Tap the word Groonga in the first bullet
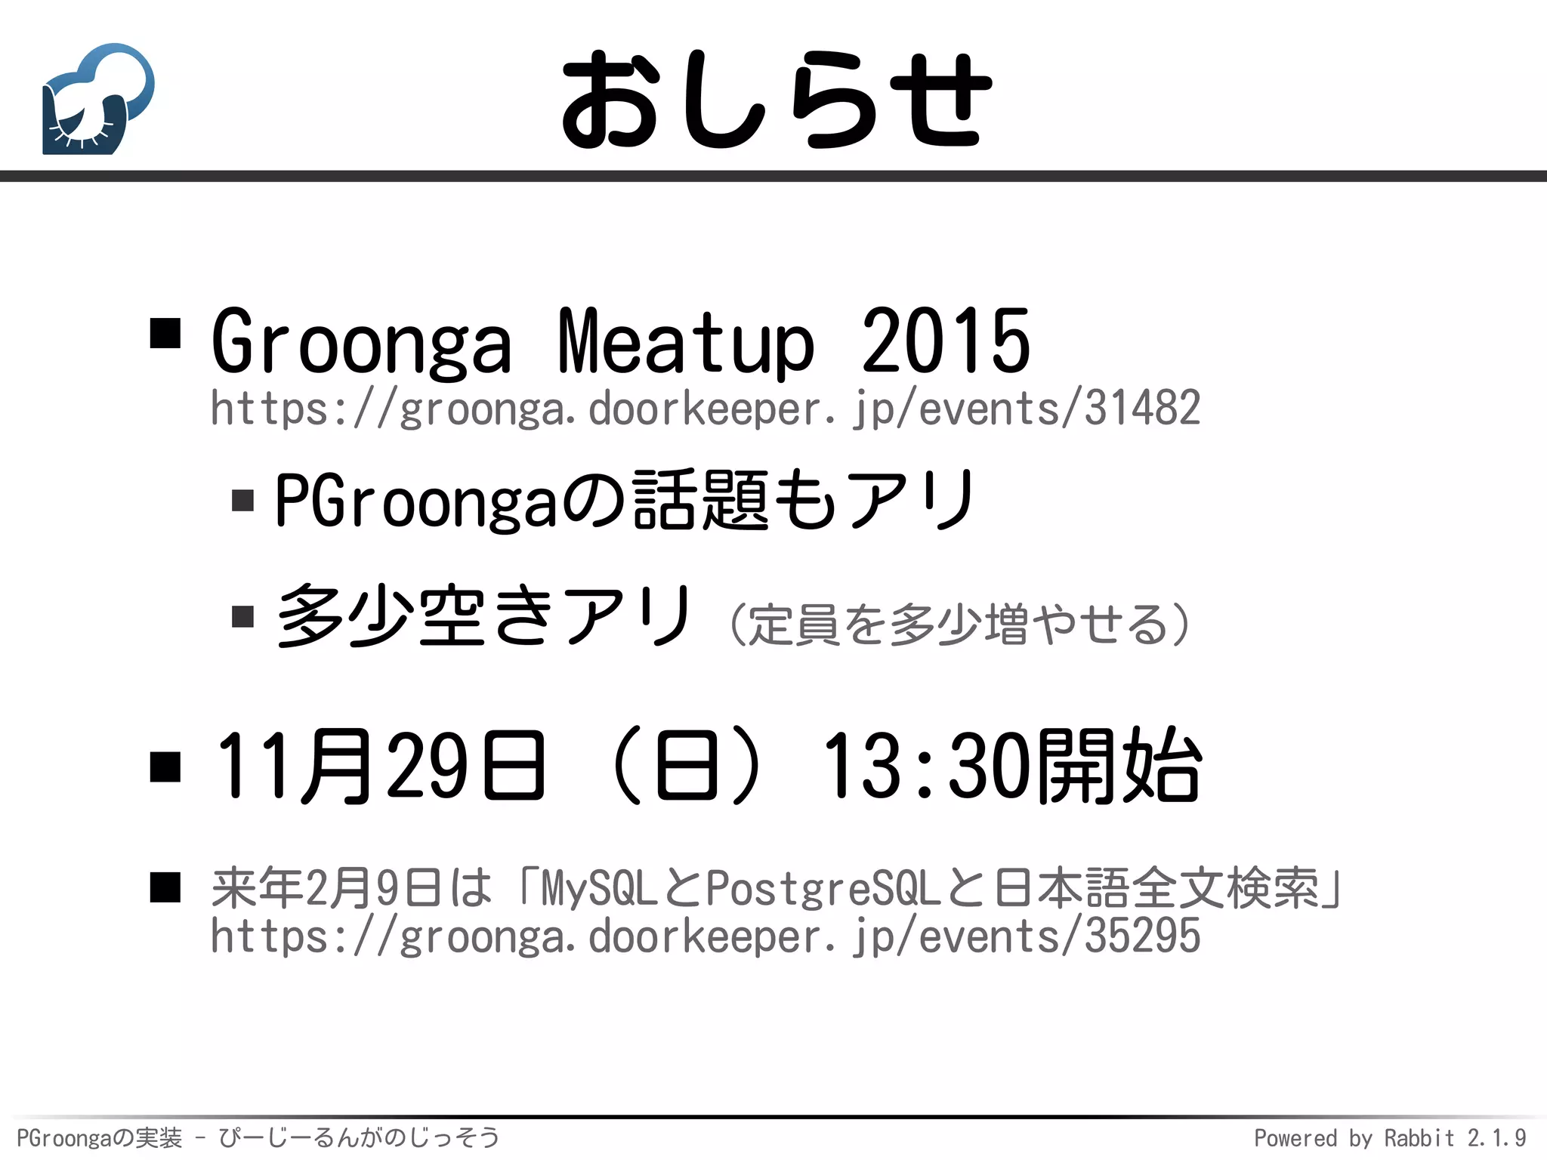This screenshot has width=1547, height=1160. point(361,342)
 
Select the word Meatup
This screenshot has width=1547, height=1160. point(686,342)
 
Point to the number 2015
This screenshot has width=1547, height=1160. point(946,342)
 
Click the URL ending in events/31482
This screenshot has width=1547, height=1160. point(705,409)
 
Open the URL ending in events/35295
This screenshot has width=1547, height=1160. point(705,936)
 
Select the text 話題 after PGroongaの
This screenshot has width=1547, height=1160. point(701,500)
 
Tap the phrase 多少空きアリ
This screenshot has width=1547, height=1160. point(483,616)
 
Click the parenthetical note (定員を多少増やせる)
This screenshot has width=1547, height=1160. point(959,624)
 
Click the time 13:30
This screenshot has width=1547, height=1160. point(926,766)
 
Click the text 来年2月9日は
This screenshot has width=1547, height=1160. point(351,888)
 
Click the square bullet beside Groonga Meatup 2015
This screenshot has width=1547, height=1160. point(165,332)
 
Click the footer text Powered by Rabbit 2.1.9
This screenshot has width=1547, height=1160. point(1390,1137)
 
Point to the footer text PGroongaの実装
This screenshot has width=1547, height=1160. point(99,1137)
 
